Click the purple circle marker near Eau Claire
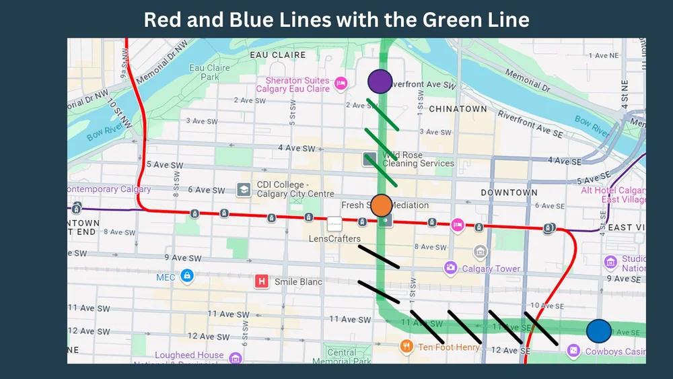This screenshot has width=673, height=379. point(380,81)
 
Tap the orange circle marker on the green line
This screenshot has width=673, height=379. point(381,205)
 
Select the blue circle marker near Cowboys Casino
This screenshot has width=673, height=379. point(598,331)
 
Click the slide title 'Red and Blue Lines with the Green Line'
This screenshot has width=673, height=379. point(336,20)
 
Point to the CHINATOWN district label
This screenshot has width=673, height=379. point(458,109)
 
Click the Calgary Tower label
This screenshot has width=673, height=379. point(491,269)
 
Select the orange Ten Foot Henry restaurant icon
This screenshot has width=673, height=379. point(406,347)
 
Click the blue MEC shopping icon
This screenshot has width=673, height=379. point(186,275)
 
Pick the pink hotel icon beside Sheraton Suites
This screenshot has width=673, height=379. point(341,83)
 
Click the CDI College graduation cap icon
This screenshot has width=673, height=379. point(244,189)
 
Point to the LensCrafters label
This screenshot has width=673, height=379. point(334,239)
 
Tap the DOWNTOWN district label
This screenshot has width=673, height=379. point(509,193)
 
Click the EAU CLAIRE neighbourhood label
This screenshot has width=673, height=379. point(277,55)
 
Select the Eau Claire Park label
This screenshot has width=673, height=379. point(209,72)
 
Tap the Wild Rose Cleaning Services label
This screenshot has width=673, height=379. point(418,159)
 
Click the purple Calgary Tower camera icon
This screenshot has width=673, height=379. point(450,269)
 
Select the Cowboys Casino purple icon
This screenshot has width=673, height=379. point(573,351)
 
